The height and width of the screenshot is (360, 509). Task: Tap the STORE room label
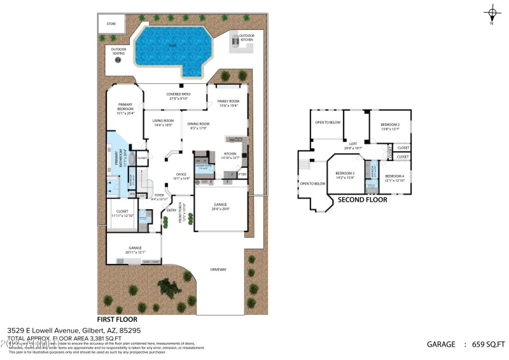[x=111, y=24]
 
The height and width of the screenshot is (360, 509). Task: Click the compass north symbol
[x=492, y=13]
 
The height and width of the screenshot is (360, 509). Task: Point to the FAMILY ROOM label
[x=228, y=103]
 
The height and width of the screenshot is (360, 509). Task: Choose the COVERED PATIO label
[x=178, y=96]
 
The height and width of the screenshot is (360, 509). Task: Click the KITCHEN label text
[x=229, y=154]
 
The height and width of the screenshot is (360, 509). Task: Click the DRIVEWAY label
[x=218, y=269]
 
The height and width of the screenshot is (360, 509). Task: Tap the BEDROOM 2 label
[x=389, y=125]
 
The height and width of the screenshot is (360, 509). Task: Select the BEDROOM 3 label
[x=345, y=174]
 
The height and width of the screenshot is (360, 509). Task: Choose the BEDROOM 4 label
[x=394, y=177]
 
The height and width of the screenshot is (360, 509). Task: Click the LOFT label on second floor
[x=352, y=144]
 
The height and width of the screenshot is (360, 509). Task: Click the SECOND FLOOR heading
[x=362, y=200]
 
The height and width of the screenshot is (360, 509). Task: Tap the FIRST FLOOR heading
[x=116, y=319]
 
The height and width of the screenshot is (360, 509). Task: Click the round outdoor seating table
[x=118, y=60]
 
